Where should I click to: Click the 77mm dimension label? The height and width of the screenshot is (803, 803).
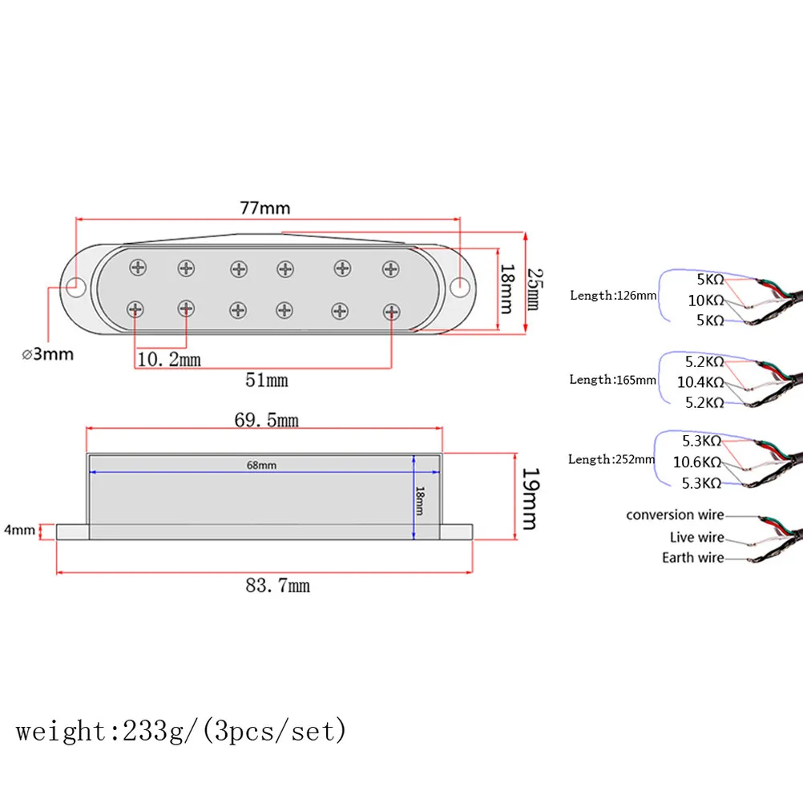click(264, 208)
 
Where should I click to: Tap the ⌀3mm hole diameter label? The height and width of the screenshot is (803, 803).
click(47, 354)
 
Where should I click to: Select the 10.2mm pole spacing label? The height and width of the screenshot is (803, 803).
click(169, 360)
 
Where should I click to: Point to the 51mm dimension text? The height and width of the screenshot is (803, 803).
click(266, 380)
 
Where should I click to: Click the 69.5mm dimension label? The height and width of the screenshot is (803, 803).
click(266, 420)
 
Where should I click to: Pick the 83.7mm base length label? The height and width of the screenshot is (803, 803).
click(277, 585)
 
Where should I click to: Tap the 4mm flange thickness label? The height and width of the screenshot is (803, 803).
click(19, 530)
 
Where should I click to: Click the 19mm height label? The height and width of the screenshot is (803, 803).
click(530, 498)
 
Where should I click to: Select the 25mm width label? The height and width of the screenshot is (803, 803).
click(535, 289)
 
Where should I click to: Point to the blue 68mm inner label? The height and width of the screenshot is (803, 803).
click(261, 465)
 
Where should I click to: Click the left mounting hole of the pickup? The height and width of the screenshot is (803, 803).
click(76, 287)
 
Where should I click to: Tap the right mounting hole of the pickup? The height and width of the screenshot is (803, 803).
click(460, 287)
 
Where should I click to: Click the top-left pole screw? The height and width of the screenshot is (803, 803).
click(138, 268)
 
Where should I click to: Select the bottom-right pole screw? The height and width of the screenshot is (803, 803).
click(391, 312)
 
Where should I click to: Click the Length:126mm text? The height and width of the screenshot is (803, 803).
click(613, 296)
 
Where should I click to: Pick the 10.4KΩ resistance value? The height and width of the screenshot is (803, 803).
click(700, 382)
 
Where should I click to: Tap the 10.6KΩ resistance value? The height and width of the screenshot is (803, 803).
click(697, 462)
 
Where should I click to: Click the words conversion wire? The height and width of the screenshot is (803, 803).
click(675, 514)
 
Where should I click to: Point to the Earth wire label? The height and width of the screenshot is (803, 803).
click(693, 557)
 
